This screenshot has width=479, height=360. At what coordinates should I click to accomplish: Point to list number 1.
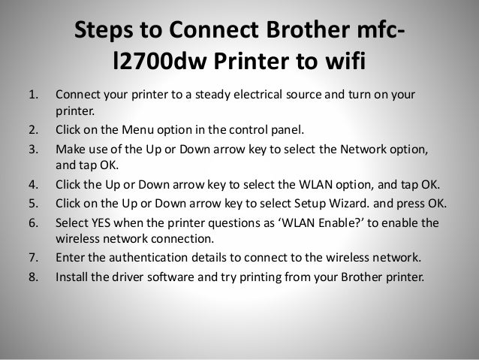coord(33,96)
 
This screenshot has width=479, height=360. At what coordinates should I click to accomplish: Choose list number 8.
coord(33,275)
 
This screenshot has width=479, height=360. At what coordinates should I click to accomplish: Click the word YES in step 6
coord(104,223)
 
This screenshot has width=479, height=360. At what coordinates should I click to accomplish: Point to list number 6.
coord(33,223)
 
